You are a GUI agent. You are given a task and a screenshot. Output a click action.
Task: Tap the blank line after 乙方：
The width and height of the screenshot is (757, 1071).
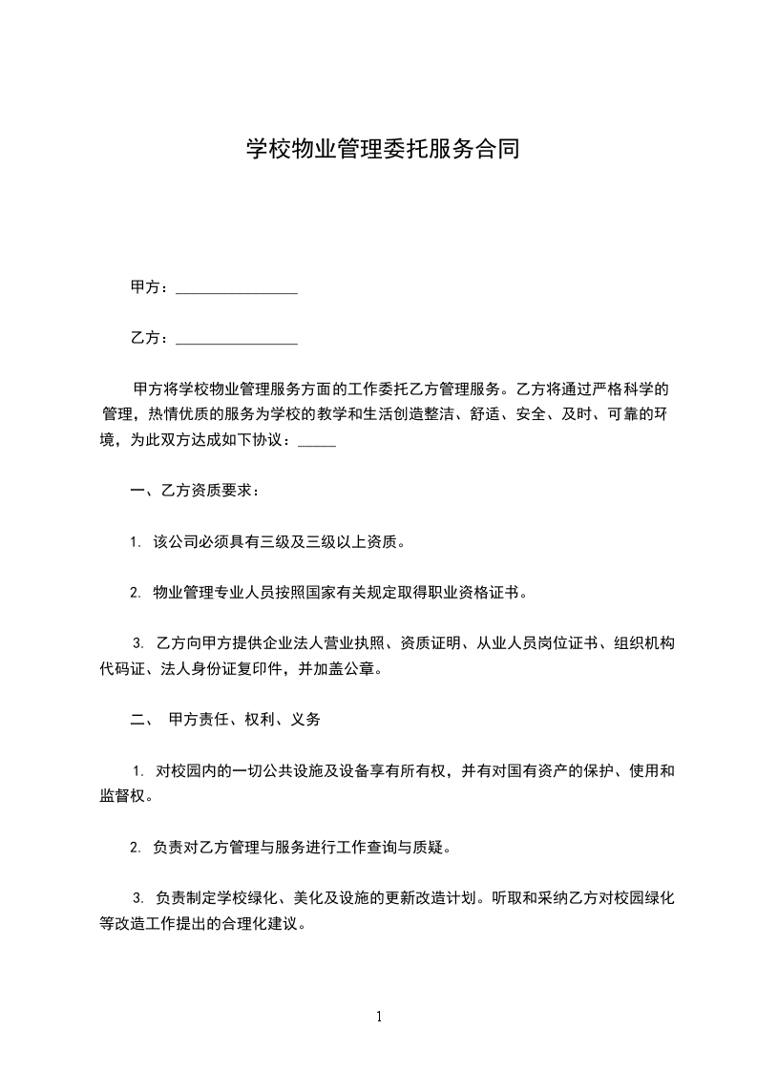[x=237, y=338]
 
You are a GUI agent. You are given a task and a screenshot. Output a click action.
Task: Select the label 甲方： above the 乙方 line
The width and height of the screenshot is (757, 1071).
[x=150, y=287]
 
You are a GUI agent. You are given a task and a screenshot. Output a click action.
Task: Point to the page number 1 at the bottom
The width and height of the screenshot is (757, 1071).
[x=379, y=1017]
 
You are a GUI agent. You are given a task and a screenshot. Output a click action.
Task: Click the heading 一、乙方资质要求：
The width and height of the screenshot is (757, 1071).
[x=194, y=492]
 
